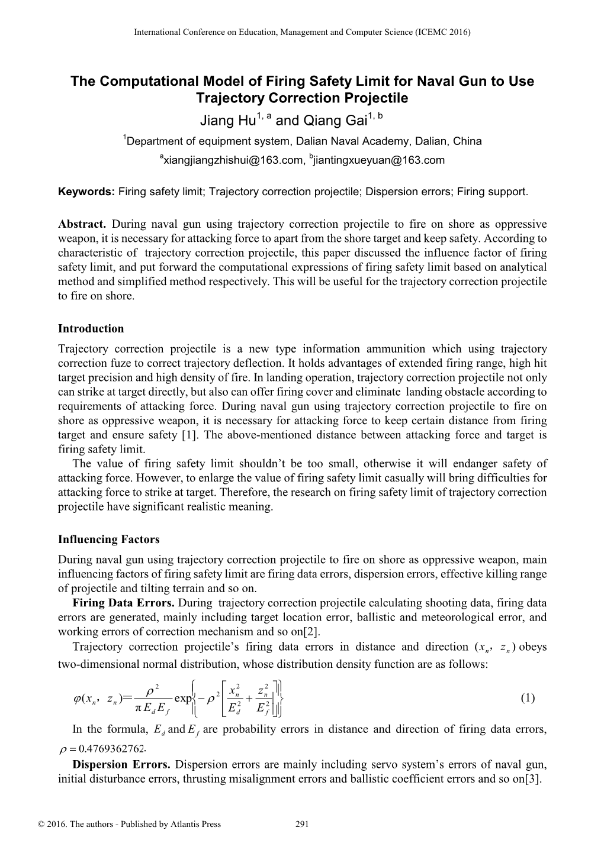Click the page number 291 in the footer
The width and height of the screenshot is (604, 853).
[302, 824]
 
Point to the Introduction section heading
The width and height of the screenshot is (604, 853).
[91, 329]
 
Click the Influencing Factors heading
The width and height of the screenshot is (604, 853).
[108, 539]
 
